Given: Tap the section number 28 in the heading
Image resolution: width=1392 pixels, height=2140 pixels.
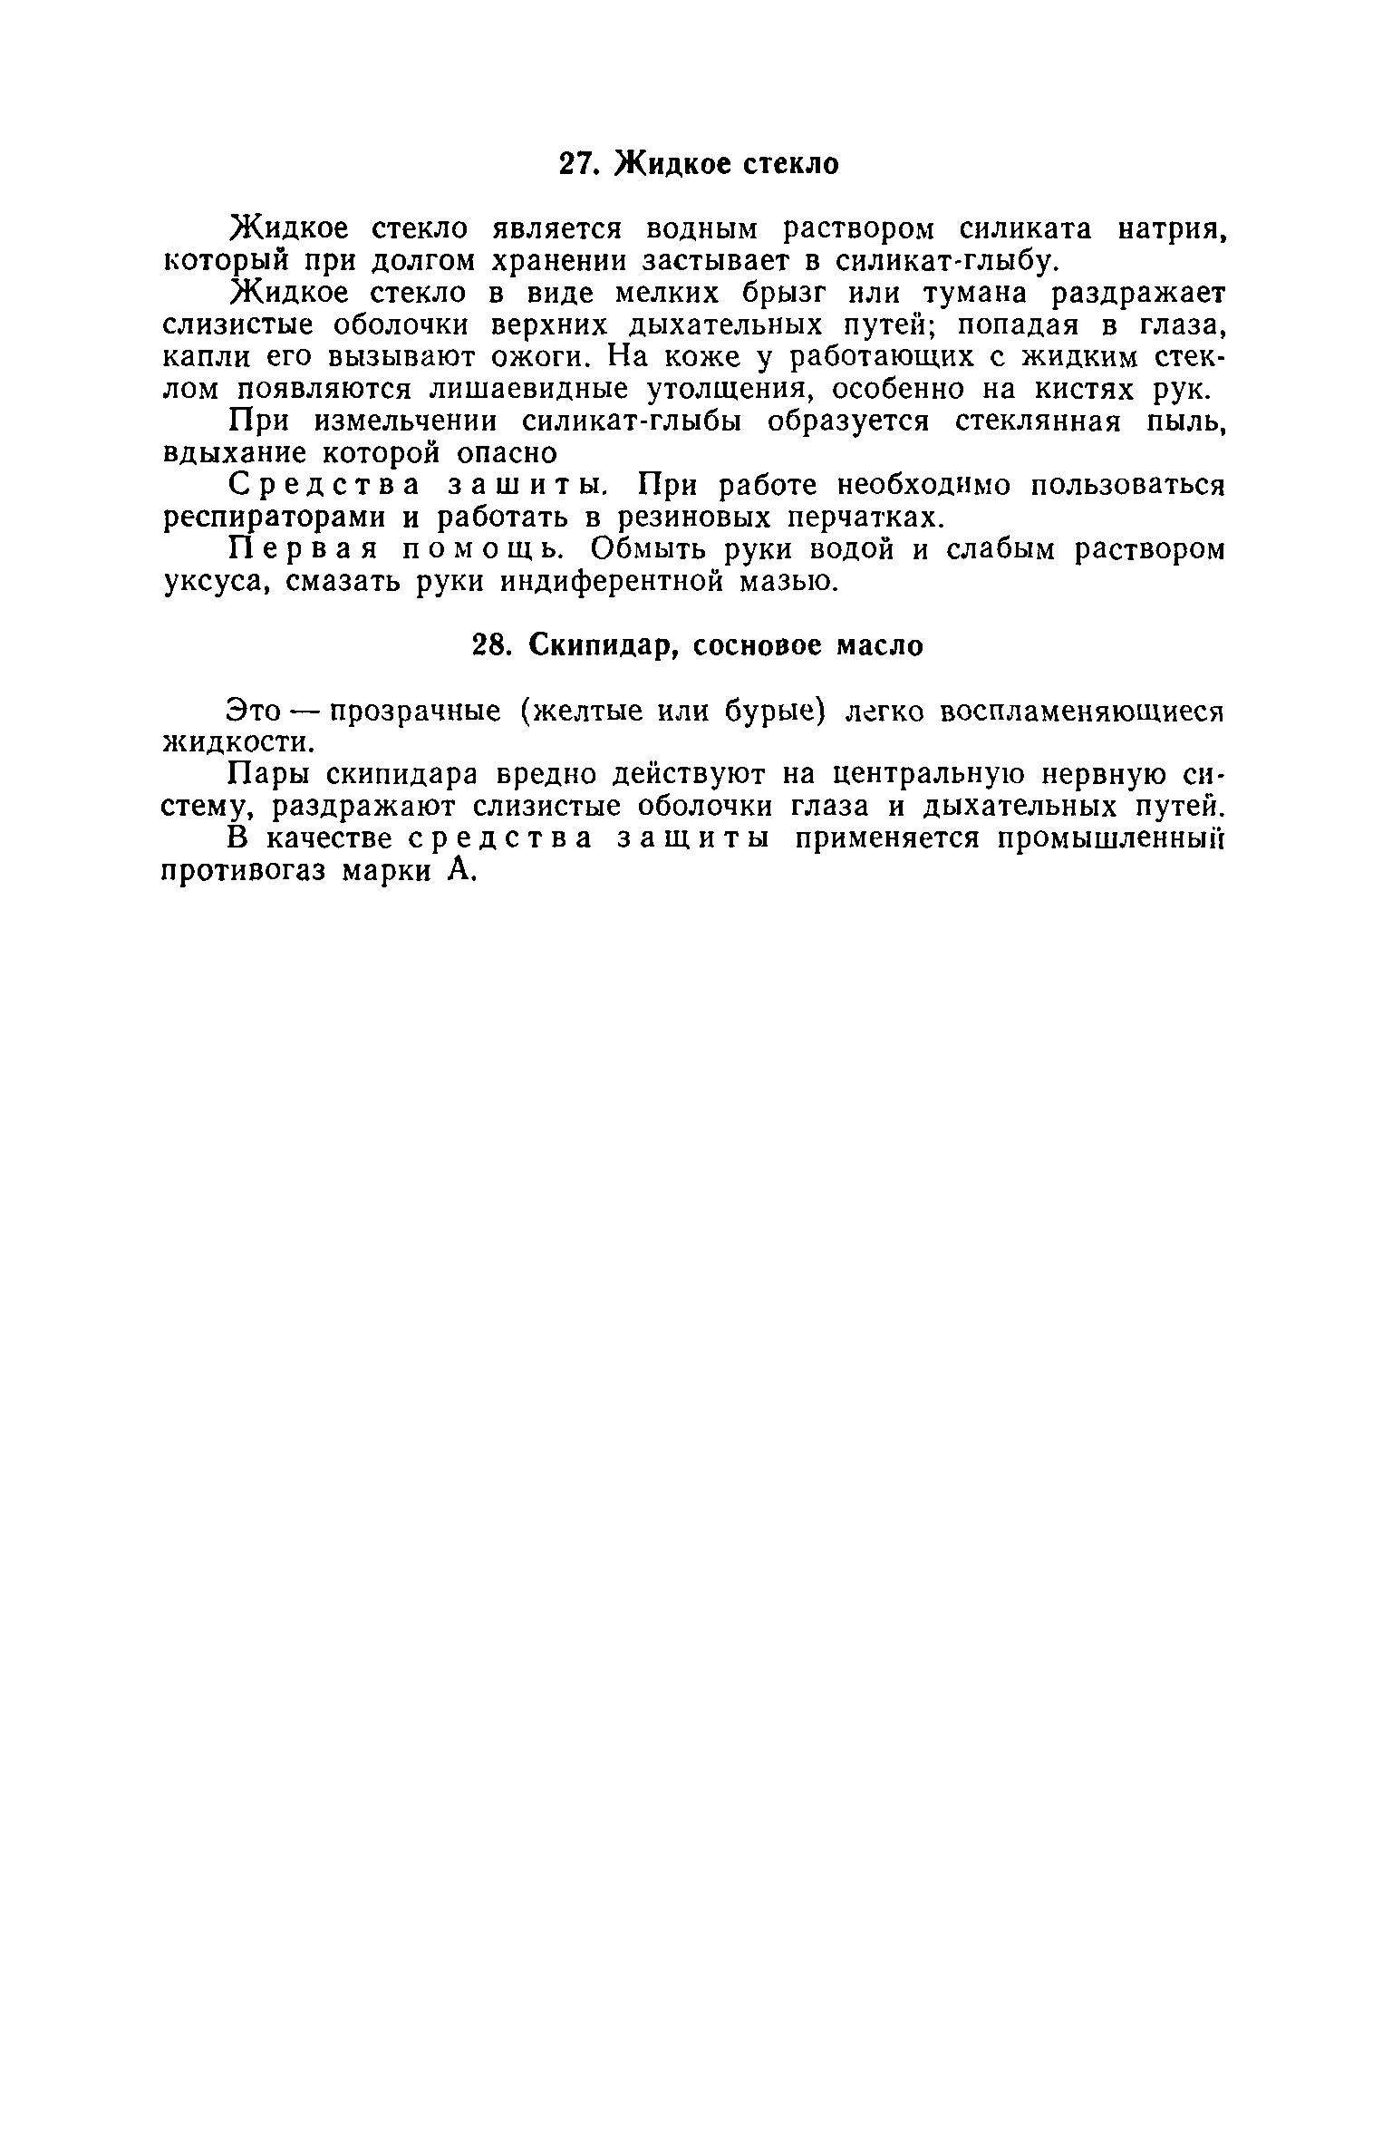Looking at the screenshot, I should [x=493, y=645].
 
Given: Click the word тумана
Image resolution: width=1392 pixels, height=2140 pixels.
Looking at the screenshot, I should [x=973, y=293].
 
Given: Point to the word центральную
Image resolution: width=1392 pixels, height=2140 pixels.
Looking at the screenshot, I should [x=923, y=775].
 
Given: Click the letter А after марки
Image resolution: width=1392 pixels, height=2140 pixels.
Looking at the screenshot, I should [x=459, y=871].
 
